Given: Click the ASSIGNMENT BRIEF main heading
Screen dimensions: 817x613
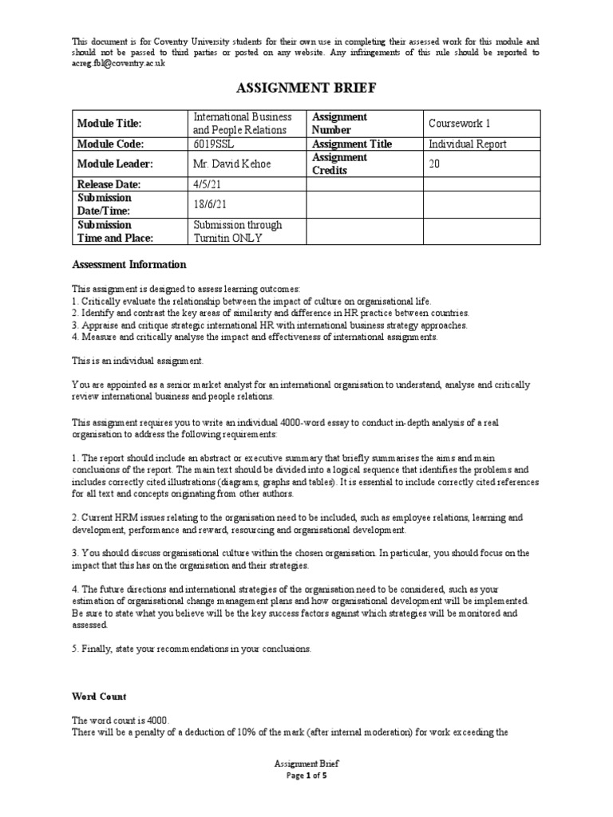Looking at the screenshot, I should pyautogui.click(x=306, y=87).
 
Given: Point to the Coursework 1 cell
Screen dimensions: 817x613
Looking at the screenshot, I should pyautogui.click(x=459, y=124).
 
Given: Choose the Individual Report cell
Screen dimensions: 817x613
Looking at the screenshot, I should pyautogui.click(x=467, y=144).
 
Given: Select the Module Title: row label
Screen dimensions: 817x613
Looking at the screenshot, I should pyautogui.click(x=109, y=124).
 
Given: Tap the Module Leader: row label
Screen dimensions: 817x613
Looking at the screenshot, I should pyautogui.click(x=113, y=164).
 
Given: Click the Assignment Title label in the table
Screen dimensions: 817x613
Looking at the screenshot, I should pyautogui.click(x=351, y=144).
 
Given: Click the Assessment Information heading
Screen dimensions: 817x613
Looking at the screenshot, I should pyautogui.click(x=129, y=264).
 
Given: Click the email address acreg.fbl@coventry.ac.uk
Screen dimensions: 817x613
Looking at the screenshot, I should pyautogui.click(x=118, y=64).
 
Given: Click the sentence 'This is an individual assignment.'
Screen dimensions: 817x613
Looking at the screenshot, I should pyautogui.click(x=132, y=361).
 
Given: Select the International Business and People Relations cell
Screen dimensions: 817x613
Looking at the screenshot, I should pyautogui.click(x=237, y=124).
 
